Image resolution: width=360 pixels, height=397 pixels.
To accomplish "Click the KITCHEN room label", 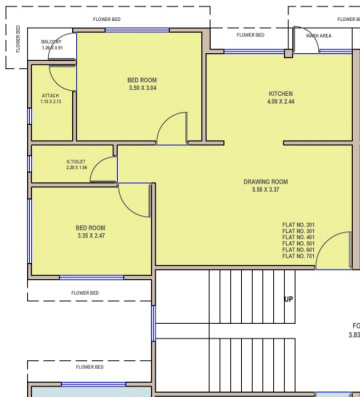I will pos(280,93).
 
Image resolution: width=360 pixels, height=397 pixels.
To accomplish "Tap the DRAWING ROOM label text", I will pos(265,181).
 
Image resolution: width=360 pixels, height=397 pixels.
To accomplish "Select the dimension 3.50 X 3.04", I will pos(142,88).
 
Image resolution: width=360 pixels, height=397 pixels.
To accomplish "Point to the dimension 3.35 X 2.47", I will pos(90,236).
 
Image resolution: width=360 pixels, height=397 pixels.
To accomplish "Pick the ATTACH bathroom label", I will pos(50,96).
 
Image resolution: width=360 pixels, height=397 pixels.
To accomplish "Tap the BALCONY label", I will pos(51,41).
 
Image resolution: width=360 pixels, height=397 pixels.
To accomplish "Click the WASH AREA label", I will pos(319,35).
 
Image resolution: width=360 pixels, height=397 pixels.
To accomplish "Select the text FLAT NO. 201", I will pos(298,224).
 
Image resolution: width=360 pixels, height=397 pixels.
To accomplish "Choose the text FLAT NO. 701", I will pos(298,256).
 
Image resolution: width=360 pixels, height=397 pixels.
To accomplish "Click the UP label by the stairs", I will pos(289,299).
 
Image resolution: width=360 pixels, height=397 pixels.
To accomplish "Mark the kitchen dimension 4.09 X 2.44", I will pos(280,101).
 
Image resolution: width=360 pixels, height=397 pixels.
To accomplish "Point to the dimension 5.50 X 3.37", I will pos(265,189).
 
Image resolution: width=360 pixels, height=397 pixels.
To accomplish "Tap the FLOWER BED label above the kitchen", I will pos(251,35).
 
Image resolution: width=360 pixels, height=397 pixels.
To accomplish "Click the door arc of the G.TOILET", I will pos(104,169).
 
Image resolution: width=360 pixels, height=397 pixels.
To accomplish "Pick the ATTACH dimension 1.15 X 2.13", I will pos(50,102).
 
